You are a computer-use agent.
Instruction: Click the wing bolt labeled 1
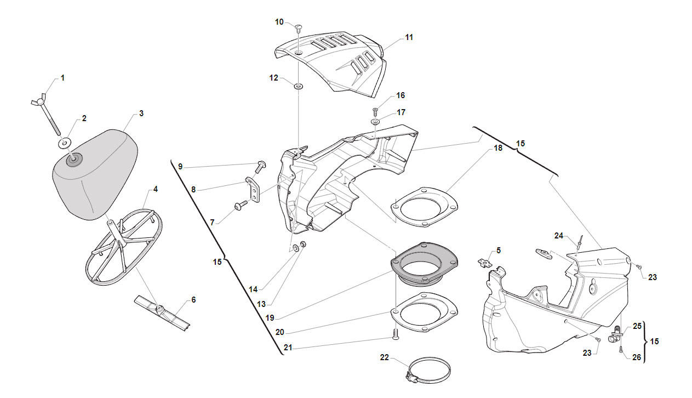47,115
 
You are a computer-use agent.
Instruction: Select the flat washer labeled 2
65,144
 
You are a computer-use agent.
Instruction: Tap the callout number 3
141,113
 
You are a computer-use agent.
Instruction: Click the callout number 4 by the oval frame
156,189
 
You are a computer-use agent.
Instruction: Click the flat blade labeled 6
162,313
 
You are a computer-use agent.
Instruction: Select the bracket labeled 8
253,189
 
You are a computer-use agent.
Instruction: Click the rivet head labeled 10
299,28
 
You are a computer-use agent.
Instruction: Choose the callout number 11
409,37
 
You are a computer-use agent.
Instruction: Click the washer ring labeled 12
299,87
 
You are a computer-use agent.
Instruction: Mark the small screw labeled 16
376,112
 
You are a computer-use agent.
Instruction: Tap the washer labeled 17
375,122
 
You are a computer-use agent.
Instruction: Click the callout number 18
498,148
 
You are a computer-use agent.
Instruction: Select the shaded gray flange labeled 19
424,264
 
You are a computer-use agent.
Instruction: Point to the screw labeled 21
396,334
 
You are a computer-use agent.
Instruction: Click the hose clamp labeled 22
428,371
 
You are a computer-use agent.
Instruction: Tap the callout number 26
637,357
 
